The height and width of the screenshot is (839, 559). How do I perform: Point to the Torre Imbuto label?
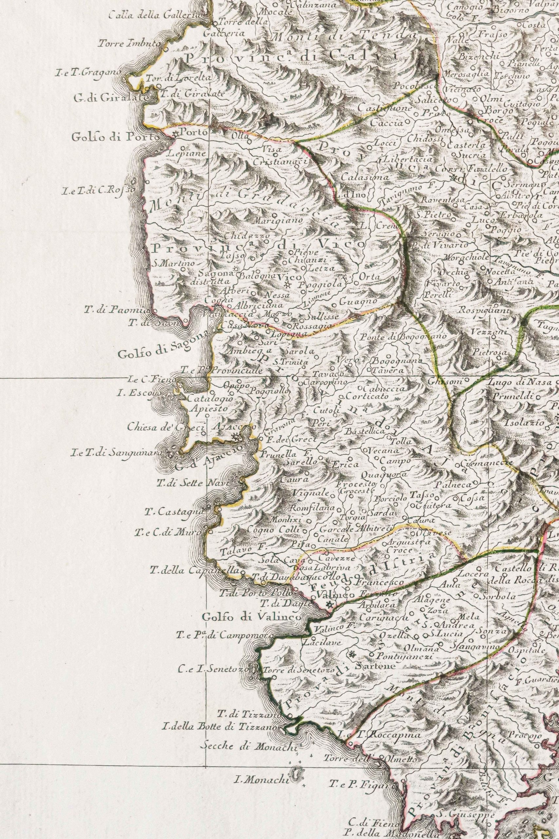point(130,44)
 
